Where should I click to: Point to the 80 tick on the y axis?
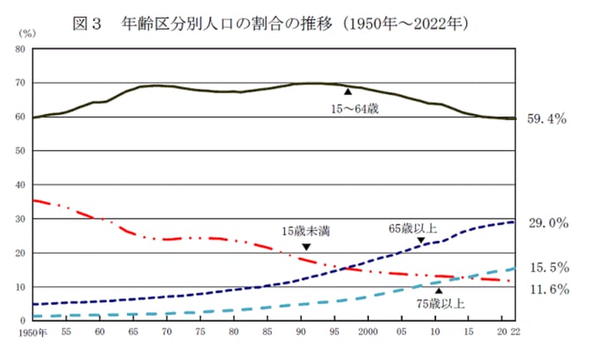pos(21,49)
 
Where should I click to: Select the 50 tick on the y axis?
pos(21,151)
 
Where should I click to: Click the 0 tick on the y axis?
pos(23,321)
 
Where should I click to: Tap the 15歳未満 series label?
pos(305,229)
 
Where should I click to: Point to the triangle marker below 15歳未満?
pos(306,247)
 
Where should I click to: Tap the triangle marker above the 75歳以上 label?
pos(439,291)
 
